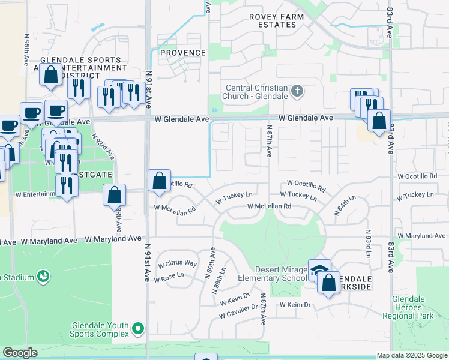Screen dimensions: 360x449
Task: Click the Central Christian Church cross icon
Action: tap(296, 92)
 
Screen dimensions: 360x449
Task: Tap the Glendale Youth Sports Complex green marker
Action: tap(139, 328)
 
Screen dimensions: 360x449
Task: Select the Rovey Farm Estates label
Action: tap(276, 20)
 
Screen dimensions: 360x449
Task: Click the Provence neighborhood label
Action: tap(183, 53)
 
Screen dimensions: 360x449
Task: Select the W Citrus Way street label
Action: tap(177, 264)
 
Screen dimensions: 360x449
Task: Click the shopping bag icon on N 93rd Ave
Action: tap(114, 196)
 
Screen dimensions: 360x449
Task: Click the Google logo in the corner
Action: tap(20, 353)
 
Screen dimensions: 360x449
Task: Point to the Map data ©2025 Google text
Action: tap(412, 355)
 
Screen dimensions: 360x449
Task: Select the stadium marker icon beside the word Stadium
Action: tap(43, 277)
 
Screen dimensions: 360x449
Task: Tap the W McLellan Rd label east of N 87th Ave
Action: tap(270, 206)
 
